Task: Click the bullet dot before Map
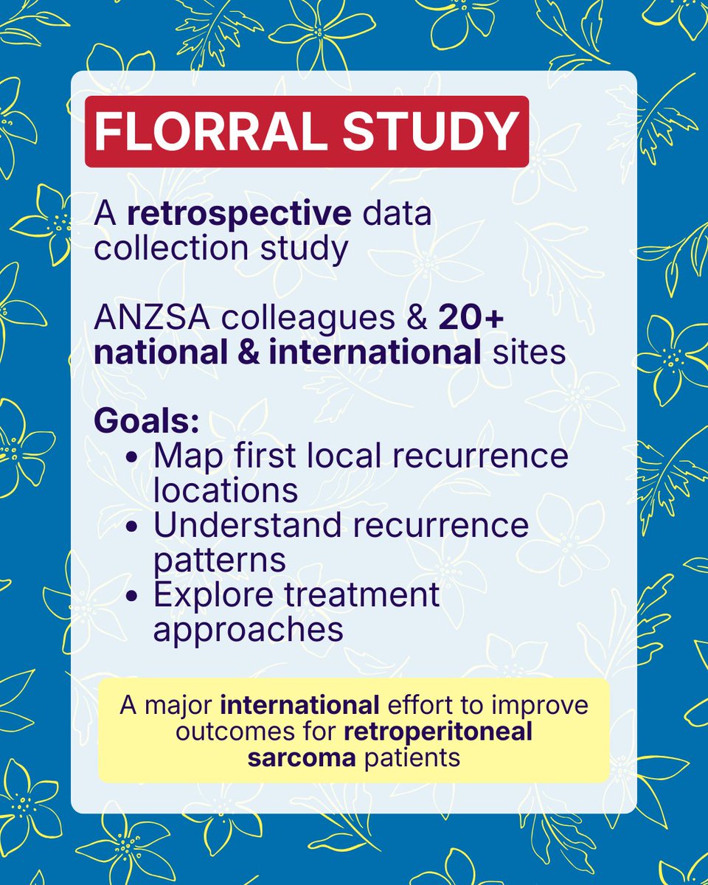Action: (x=133, y=457)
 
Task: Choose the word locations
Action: (x=225, y=490)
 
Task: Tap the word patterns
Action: (x=219, y=560)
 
